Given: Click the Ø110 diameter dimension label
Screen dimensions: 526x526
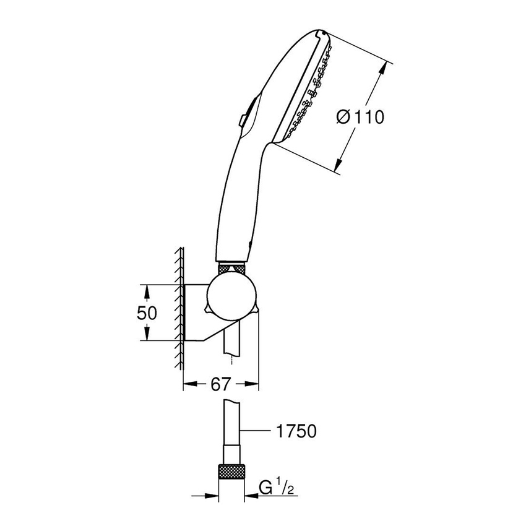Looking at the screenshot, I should [360, 116].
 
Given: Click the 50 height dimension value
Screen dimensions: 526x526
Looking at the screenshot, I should [147, 313].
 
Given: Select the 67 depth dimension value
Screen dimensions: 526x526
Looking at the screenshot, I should [220, 384].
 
